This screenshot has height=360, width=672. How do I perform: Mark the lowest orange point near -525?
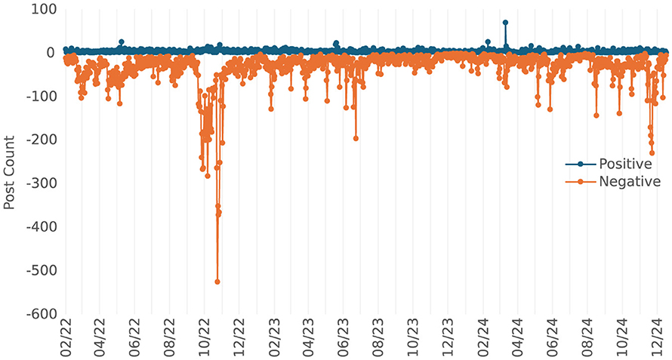point(217,282)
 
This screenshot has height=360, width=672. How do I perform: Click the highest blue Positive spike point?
point(505,23)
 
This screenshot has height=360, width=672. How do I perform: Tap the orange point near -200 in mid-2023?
point(356,138)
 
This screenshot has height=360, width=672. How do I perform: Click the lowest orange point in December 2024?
point(652,152)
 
